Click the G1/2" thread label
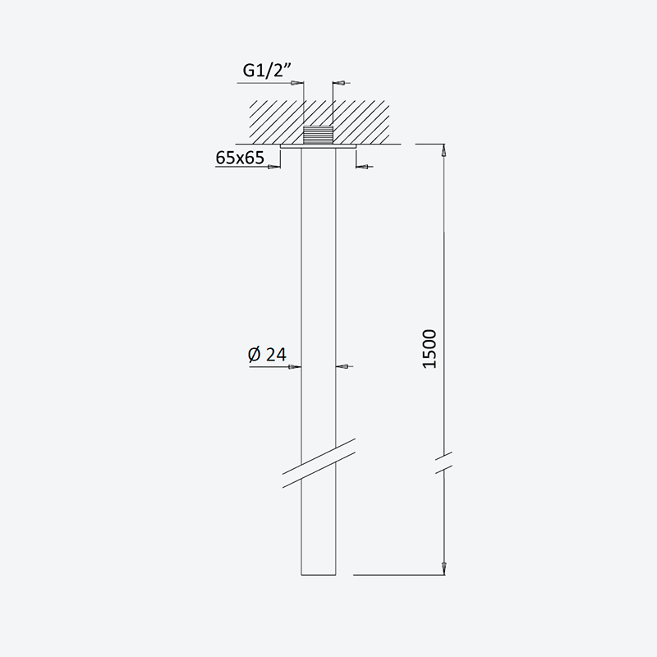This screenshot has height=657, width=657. click(267, 70)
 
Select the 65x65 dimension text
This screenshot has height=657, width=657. click(240, 158)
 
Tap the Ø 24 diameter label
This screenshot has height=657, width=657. click(267, 355)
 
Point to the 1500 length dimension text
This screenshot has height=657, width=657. click(430, 349)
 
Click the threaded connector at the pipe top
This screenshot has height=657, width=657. click(318, 135)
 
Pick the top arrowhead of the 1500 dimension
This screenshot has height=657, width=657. click(444, 149)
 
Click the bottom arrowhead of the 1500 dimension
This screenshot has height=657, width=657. click(444, 569)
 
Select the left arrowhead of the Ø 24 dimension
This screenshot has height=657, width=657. click(295, 366)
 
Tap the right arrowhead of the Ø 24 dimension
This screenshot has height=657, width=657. click(342, 366)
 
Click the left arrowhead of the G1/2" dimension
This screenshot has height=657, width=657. click(297, 83)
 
